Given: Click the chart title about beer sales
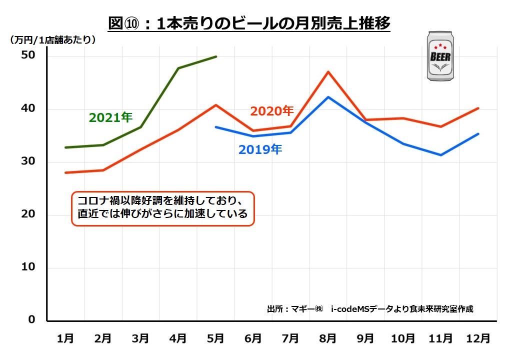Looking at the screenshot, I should [249, 23].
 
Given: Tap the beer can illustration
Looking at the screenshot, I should [440, 56].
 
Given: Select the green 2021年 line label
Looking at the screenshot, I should [110, 117].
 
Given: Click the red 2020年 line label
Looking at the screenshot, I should [272, 111].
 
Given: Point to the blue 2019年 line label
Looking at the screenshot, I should [260, 149].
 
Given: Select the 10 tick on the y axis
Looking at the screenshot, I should [29, 267].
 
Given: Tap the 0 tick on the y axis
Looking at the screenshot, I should [32, 319].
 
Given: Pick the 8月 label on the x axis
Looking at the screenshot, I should [328, 338].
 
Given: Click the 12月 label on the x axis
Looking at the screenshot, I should [478, 338].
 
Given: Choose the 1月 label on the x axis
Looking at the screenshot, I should [65, 338].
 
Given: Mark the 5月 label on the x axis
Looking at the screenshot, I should [215, 338].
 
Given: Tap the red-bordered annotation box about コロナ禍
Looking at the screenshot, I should [163, 208].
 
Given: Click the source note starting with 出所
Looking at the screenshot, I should [370, 308].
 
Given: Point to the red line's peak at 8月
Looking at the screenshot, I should [328, 71].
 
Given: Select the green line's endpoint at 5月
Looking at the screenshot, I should [216, 56].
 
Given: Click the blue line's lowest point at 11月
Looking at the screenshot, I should [440, 155].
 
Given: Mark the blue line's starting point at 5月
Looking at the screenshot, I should [216, 127].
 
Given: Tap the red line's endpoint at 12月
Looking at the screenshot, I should [478, 108].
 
